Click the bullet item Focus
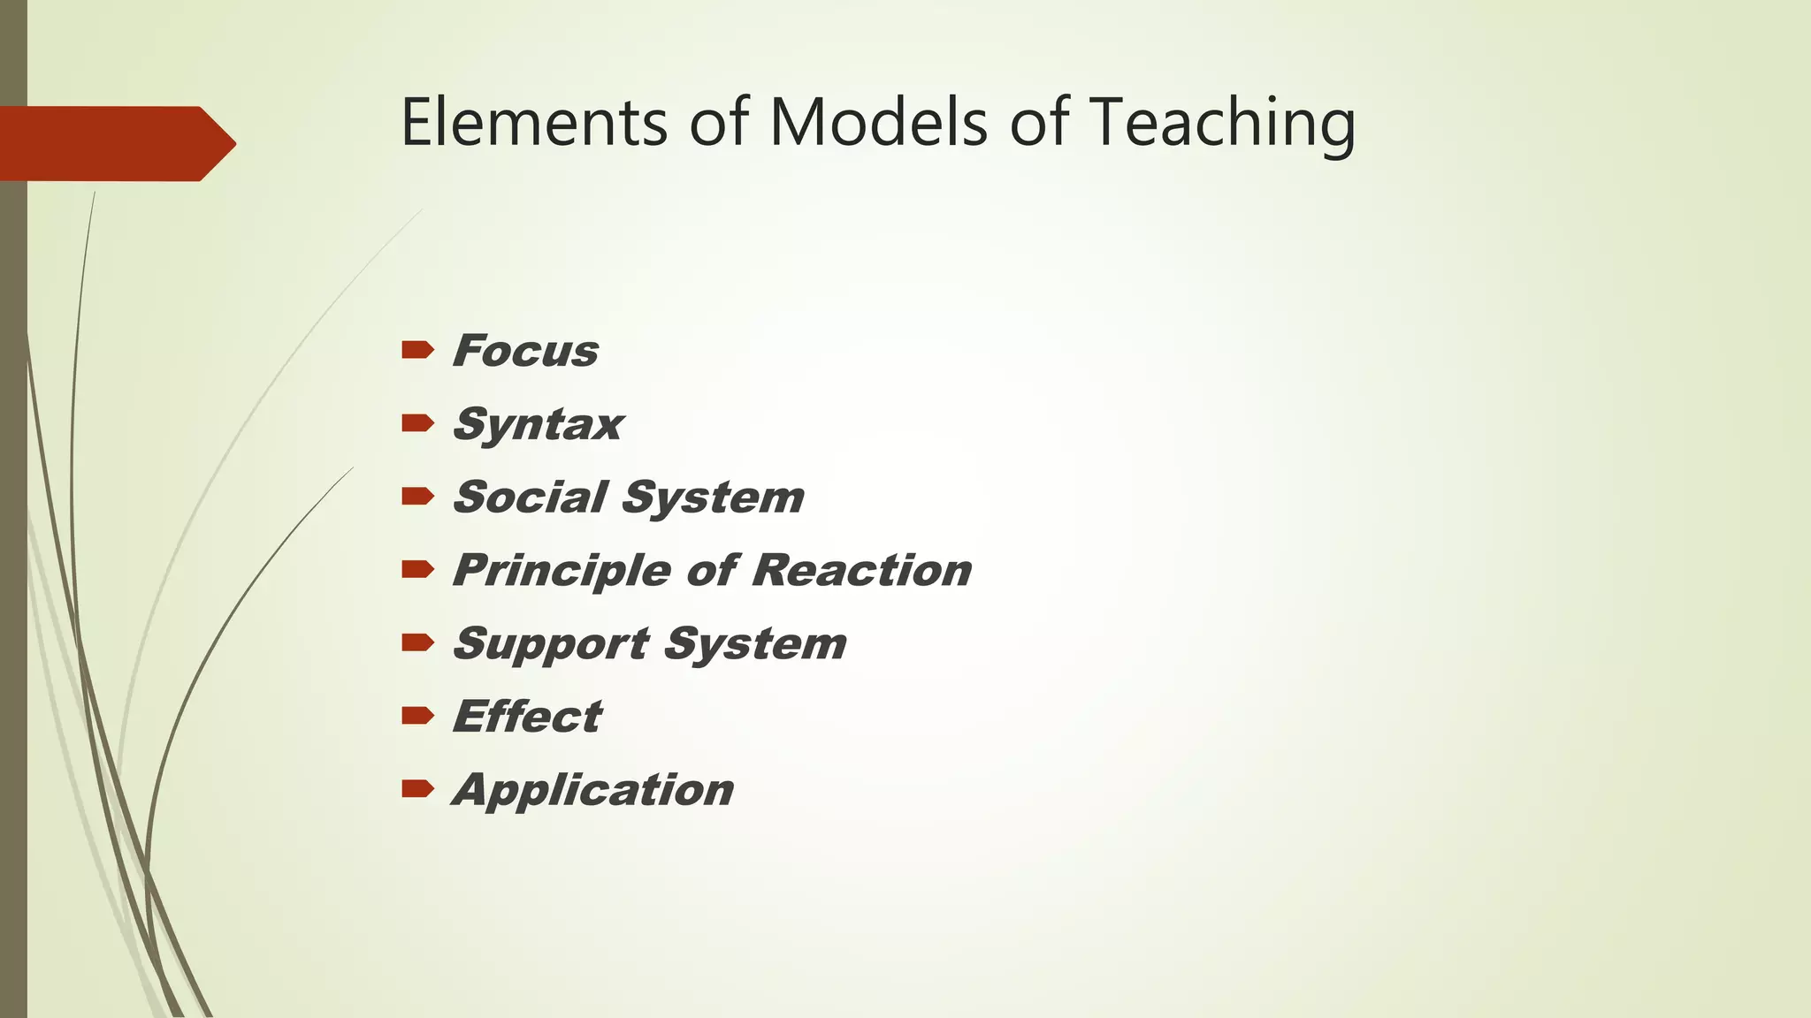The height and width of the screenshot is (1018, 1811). tap(525, 351)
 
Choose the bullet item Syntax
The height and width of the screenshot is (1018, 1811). tap(538, 425)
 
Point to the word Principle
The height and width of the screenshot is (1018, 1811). tap(562, 571)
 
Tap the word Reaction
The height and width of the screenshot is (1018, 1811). tap(862, 570)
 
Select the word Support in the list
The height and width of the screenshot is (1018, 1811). tap(551, 644)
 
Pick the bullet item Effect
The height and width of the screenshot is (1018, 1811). tap(527, 717)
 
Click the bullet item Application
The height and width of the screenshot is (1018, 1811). tap(592, 790)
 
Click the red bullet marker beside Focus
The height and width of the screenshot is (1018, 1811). tap(417, 350)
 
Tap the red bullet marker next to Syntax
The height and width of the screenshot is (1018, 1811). tap(417, 423)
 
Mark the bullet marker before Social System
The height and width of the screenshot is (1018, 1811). tap(417, 497)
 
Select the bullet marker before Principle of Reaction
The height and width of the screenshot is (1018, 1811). tap(417, 570)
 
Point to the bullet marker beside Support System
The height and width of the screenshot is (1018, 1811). tap(417, 642)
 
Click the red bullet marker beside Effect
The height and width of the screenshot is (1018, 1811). tap(417, 716)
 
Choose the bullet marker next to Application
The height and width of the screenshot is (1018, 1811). tap(417, 788)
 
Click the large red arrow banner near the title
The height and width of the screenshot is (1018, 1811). tap(115, 144)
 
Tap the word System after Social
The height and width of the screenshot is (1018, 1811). tap(714, 498)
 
